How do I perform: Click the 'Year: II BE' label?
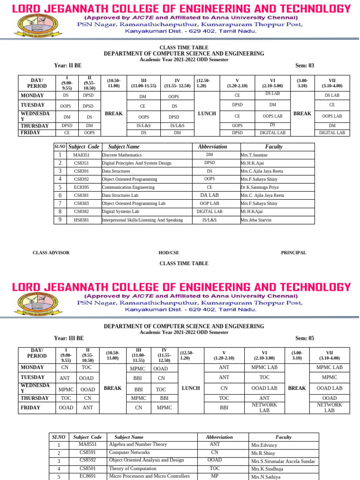(x=68, y=65)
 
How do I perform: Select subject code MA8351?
(x=81, y=155)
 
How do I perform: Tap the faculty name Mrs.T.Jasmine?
(x=254, y=155)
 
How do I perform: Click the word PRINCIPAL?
(x=293, y=253)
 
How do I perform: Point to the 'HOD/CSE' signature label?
(x=169, y=253)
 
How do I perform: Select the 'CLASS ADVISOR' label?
(x=51, y=253)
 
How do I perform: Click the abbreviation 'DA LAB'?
(x=210, y=195)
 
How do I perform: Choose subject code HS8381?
(x=81, y=220)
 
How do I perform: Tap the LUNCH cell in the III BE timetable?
(x=191, y=388)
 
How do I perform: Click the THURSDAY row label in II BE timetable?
(x=35, y=126)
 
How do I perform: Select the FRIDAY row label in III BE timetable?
(x=30, y=408)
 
